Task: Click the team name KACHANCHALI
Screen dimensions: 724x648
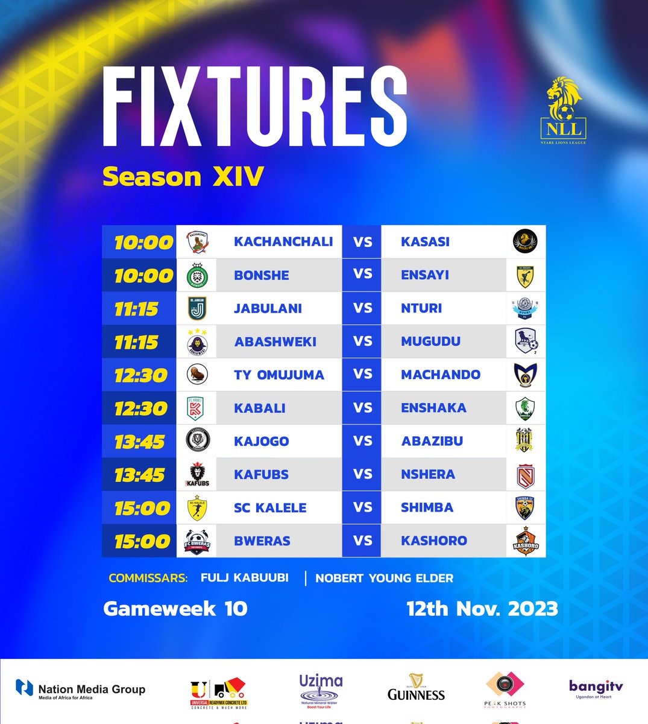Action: [x=283, y=242]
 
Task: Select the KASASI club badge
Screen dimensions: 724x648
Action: [x=525, y=242]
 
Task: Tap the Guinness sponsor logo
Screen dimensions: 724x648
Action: [x=416, y=688]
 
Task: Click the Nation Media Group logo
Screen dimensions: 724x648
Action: [x=80, y=690]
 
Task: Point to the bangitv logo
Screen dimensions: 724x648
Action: [x=596, y=688]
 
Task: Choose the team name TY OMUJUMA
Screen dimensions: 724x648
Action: [x=278, y=375]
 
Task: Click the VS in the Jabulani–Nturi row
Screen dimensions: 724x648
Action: [x=362, y=308]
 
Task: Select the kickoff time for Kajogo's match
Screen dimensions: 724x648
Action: [x=139, y=442]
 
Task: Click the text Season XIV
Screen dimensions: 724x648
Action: [x=183, y=177]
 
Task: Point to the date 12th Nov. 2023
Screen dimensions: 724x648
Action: [x=482, y=608]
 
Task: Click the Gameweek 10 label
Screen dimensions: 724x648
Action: [x=175, y=608]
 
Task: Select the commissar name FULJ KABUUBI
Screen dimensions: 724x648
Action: [x=244, y=577]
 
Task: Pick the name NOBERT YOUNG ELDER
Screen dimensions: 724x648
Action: [x=384, y=578]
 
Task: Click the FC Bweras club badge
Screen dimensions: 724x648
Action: [x=198, y=541]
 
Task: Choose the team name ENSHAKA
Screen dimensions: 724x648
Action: [x=433, y=408]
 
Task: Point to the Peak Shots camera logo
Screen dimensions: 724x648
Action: [x=505, y=688]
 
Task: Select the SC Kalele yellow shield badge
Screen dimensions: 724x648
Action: [x=198, y=508]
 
